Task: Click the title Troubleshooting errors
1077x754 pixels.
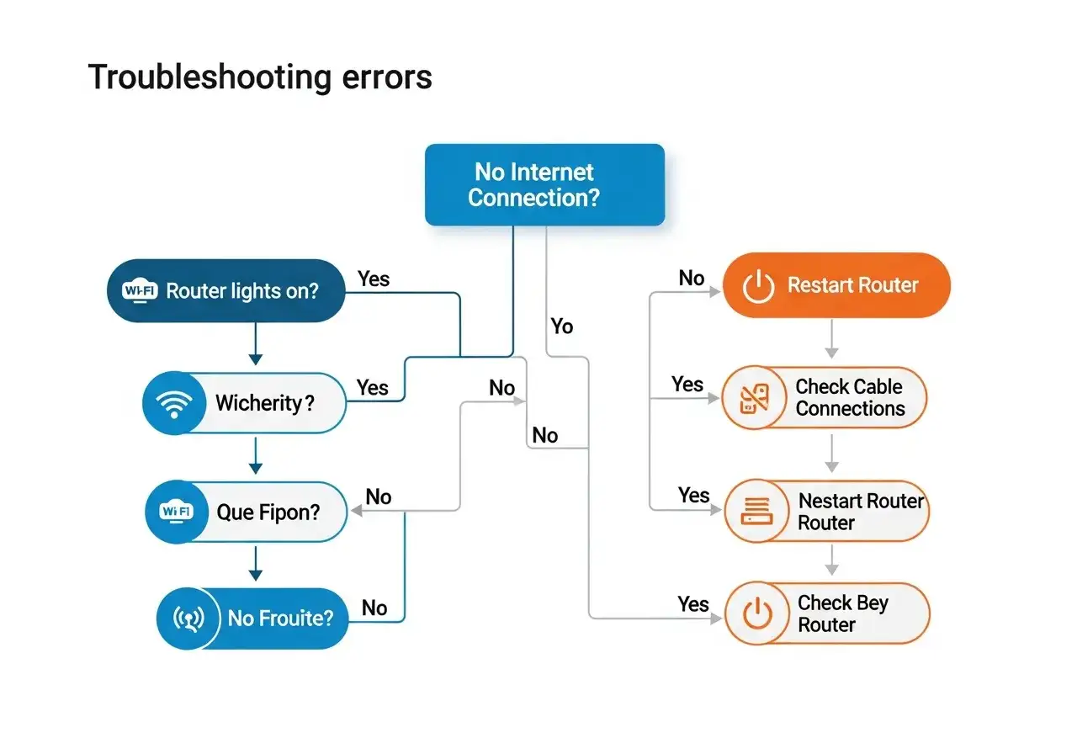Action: [x=260, y=77]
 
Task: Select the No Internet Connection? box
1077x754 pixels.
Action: [x=544, y=185]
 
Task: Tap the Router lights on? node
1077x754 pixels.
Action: [x=226, y=290]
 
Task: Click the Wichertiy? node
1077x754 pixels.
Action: [x=245, y=403]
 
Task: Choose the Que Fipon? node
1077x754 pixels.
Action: [x=247, y=512]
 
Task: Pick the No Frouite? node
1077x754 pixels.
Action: [x=253, y=619]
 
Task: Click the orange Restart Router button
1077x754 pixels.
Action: [x=836, y=285]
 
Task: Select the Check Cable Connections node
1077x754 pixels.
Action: [x=825, y=397]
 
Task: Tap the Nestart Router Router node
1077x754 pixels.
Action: [x=826, y=512]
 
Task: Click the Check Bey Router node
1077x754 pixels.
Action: [x=826, y=613]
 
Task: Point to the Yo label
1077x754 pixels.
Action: [x=561, y=326]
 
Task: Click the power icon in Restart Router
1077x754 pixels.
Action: [x=758, y=286]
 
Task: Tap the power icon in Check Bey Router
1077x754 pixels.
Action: [x=758, y=614]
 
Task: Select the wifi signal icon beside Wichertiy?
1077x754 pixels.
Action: [x=175, y=403]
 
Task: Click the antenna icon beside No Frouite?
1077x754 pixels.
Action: [x=188, y=619]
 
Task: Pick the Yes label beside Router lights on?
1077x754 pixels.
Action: [x=374, y=279]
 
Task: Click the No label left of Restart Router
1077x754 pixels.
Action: [x=692, y=279]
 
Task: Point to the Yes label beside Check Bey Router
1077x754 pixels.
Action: [x=693, y=603]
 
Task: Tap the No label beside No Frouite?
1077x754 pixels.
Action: [x=374, y=608]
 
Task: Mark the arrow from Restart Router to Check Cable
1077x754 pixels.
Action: [x=831, y=340]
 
